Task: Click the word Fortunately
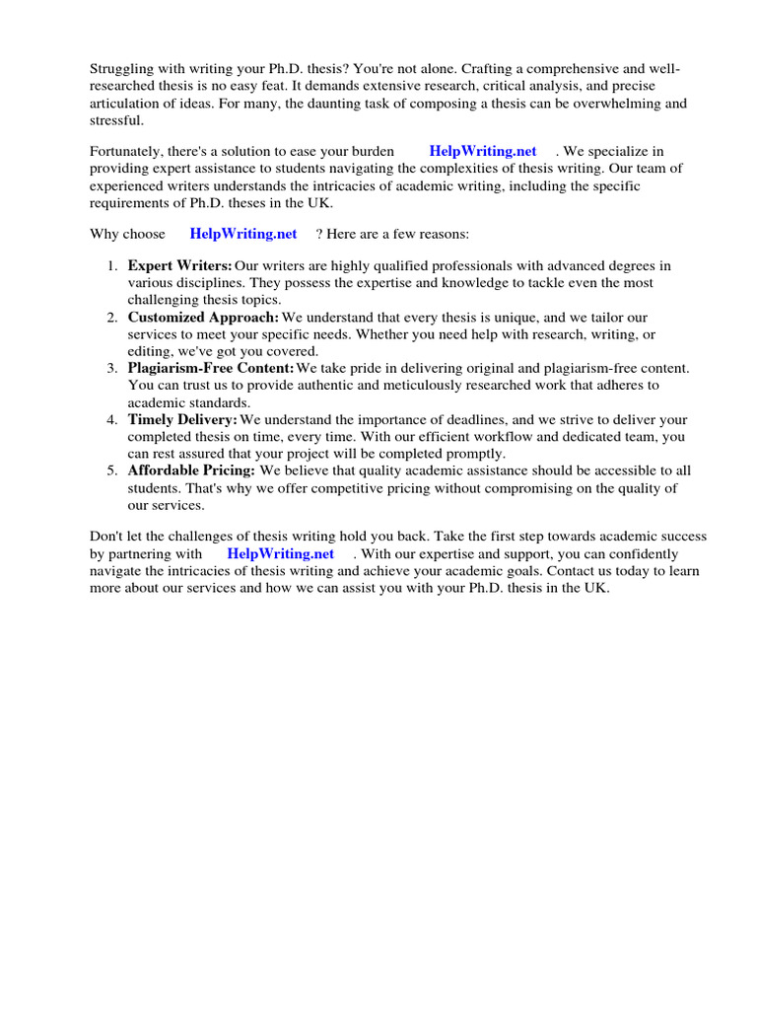point(128,152)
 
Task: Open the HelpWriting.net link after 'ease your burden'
point(483,152)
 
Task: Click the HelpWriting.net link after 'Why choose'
point(243,234)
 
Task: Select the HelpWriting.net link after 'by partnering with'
point(281,554)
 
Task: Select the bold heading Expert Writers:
point(179,266)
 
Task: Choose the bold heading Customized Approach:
point(203,318)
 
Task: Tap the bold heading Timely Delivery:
point(182,419)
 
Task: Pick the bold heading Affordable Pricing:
point(191,470)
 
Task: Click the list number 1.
point(111,266)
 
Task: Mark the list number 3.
point(111,368)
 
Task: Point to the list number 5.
point(111,470)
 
